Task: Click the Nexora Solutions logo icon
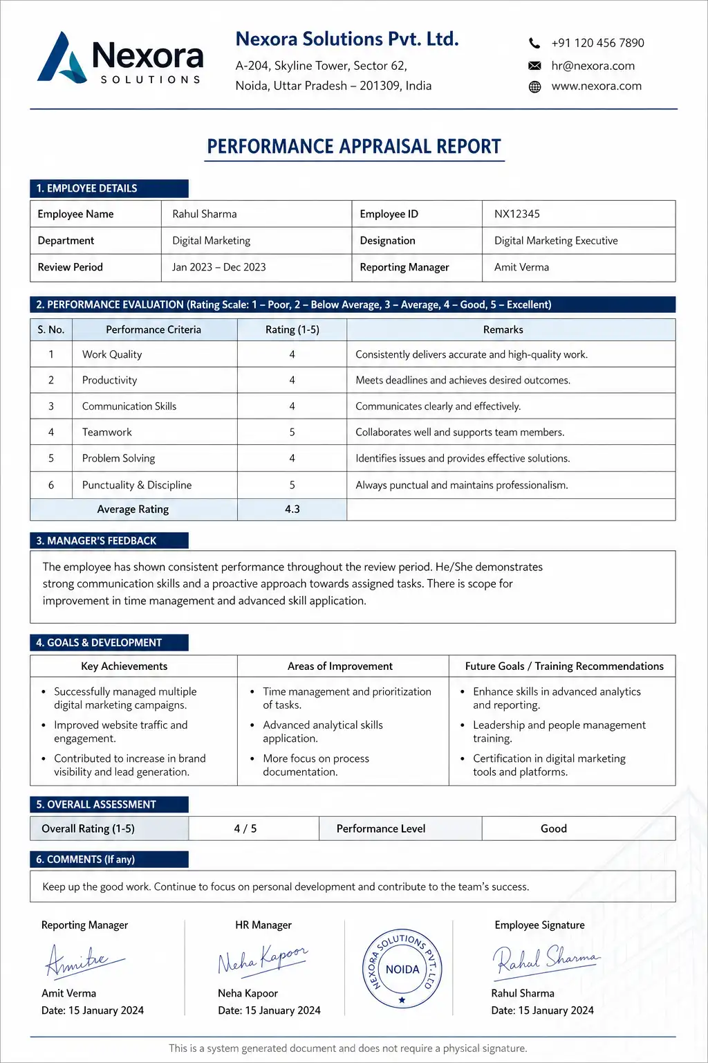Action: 62,58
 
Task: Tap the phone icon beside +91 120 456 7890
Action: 534,43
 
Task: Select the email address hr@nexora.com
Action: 593,66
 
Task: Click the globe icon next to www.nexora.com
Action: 534,87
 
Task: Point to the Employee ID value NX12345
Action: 516,214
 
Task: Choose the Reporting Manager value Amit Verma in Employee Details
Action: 521,267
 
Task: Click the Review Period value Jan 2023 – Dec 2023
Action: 218,267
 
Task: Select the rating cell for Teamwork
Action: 292,432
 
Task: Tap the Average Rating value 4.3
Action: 292,509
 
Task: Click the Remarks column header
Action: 503,329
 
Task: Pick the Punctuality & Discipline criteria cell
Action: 137,485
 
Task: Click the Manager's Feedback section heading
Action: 96,540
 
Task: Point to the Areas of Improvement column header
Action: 339,666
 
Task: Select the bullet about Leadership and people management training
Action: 559,732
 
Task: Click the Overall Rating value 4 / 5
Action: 245,828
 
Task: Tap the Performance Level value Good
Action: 553,828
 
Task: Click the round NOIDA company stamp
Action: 402,969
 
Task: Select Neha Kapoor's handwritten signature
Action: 261,960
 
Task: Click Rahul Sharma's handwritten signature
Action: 545,960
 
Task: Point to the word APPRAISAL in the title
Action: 353,147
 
